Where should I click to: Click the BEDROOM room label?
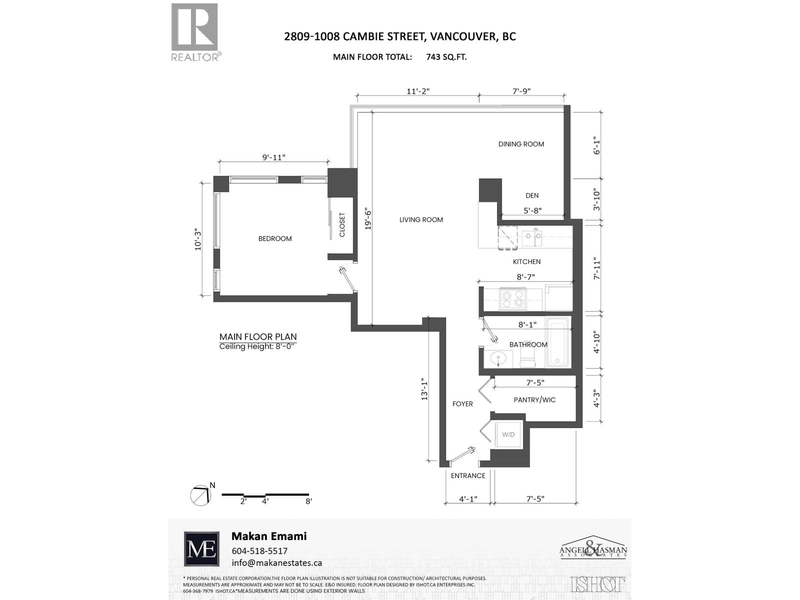[275, 238]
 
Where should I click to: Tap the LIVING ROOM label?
[421, 219]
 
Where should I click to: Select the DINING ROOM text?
[521, 144]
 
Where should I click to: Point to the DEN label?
[532, 195]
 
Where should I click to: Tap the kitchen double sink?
[532, 238]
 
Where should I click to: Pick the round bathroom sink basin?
[498, 358]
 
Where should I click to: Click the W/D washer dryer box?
[508, 434]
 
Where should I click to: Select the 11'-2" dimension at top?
[418, 91]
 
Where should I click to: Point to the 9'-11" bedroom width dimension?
[273, 157]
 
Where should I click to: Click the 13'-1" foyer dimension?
[425, 388]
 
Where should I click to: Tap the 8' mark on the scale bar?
[308, 501]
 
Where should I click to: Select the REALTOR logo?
[195, 32]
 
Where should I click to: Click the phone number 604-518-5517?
[259, 550]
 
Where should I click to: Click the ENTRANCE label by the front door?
[468, 475]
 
